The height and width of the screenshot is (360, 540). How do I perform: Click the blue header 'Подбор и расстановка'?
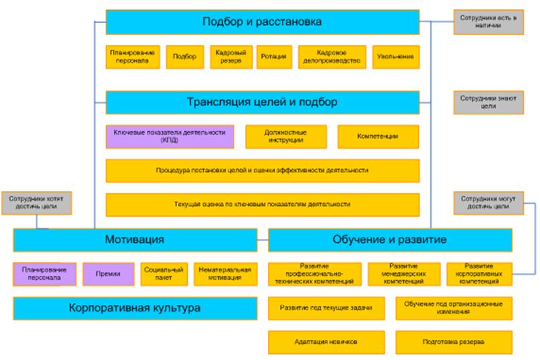coord(263,22)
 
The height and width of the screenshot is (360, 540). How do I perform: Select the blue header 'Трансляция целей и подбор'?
coord(263,103)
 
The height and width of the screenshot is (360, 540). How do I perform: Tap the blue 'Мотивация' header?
coord(135,240)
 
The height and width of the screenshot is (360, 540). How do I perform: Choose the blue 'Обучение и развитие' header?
coord(390,240)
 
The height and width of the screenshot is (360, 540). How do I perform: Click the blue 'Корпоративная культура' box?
coord(135,309)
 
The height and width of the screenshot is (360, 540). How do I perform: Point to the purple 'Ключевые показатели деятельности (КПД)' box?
coord(169,136)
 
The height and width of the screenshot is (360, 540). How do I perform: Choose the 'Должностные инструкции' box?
coord(287,136)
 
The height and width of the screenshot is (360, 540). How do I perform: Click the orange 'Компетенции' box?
coord(378,136)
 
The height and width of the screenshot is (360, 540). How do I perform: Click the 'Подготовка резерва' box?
coord(454,341)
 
